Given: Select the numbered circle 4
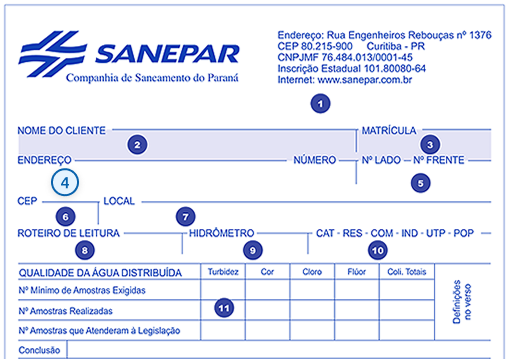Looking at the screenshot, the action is coord(65,183).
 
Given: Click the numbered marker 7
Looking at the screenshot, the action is coord(183,216).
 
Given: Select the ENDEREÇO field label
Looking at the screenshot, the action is coord(44,160).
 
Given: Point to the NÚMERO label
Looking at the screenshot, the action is coord(314,160).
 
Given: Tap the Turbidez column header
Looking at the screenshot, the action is coord(221,272).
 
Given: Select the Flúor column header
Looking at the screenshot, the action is coord(354,272).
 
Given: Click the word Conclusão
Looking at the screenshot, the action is coord(40,351).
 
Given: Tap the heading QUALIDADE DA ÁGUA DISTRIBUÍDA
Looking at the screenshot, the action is coord(100,272).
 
